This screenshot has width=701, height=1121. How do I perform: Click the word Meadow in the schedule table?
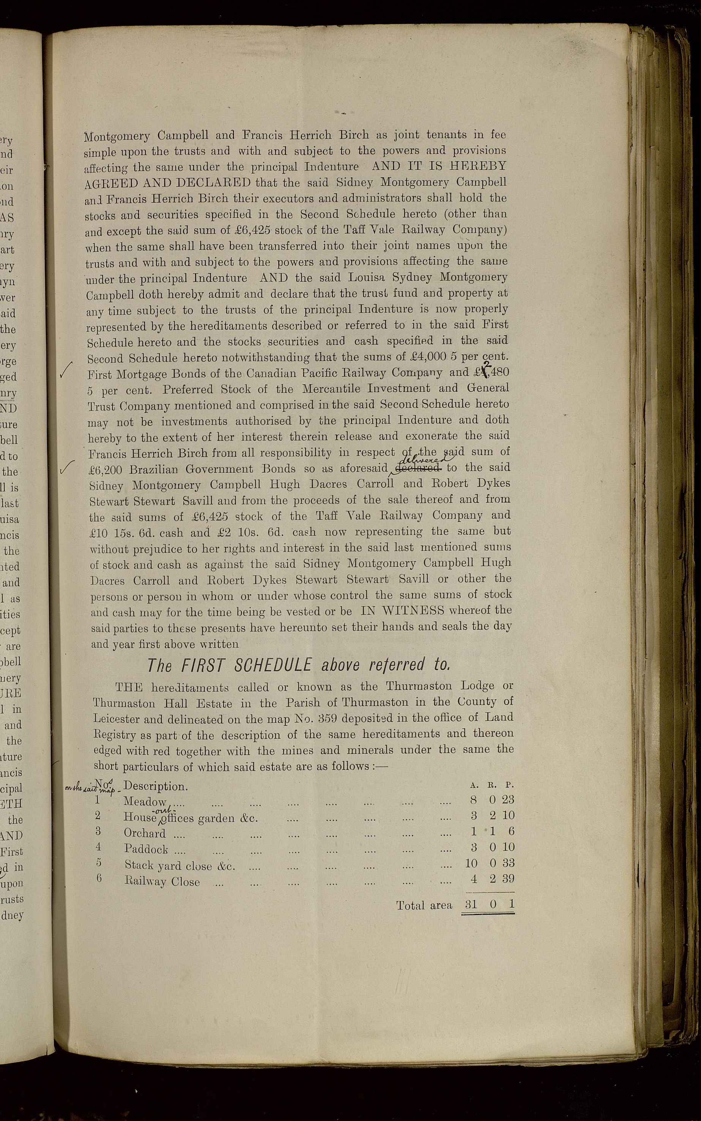pos(145,802)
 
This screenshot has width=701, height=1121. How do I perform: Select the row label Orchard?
pos(145,833)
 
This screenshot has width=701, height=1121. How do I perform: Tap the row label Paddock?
pos(146,849)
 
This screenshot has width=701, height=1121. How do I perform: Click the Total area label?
pos(424,905)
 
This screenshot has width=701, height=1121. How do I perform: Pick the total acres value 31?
pos(471,903)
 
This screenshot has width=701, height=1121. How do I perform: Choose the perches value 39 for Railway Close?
pos(508,878)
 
